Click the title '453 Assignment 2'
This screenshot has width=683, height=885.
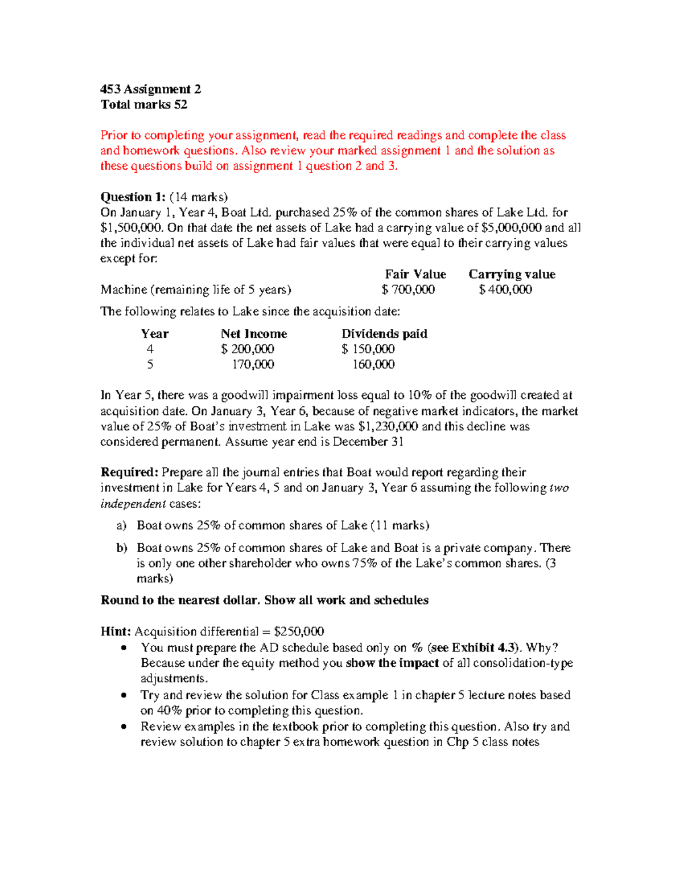pos(150,89)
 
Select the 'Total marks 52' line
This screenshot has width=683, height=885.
pos(143,104)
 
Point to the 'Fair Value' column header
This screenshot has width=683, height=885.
pos(415,274)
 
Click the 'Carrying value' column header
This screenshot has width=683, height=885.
pos(512,274)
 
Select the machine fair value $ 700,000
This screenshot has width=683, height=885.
pos(408,289)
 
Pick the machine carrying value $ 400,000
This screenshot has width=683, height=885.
pos(505,289)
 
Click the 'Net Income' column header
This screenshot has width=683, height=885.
pos(254,334)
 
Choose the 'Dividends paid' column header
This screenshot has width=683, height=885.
pos(384,334)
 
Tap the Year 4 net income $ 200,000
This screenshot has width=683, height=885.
pos(248,349)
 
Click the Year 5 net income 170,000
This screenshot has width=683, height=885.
pos(253,364)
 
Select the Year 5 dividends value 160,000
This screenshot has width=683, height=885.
pos(373,364)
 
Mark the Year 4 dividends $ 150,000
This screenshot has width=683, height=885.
pos(368,349)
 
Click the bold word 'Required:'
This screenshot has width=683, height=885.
pos(129,472)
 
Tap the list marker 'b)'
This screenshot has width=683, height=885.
pos(122,548)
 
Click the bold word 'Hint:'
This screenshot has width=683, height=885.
pos(116,631)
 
